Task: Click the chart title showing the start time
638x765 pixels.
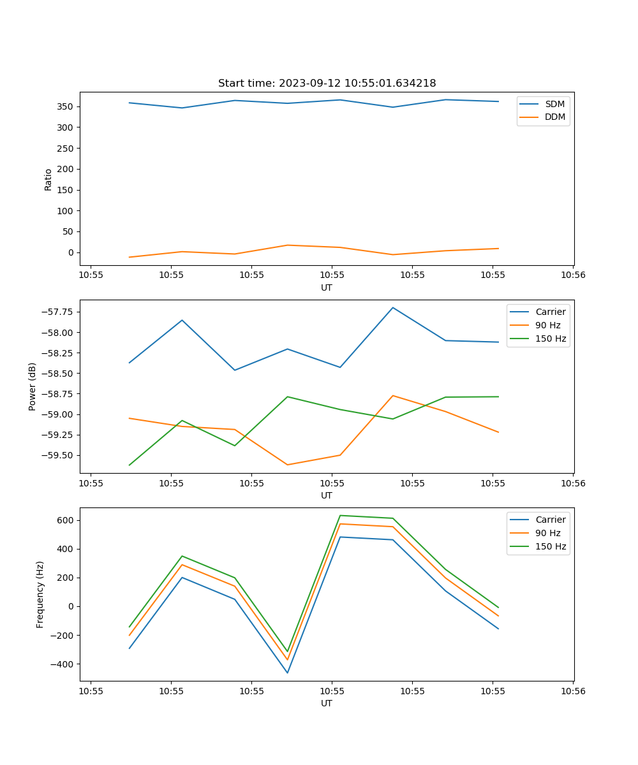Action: [x=327, y=84]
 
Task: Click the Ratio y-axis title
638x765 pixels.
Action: [x=48, y=179]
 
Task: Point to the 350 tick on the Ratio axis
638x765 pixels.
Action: [x=65, y=106]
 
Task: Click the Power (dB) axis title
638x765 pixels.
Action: [x=33, y=386]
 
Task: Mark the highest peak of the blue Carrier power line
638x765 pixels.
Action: [x=393, y=307]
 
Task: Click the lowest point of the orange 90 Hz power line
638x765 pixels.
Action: [x=287, y=465]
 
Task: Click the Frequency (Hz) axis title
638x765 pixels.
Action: [x=40, y=594]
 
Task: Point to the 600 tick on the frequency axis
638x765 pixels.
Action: [x=65, y=520]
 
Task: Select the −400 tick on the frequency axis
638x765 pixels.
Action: [x=63, y=664]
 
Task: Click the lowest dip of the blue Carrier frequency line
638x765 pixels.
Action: [x=287, y=673]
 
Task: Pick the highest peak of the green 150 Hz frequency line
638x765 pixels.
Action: [x=340, y=515]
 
